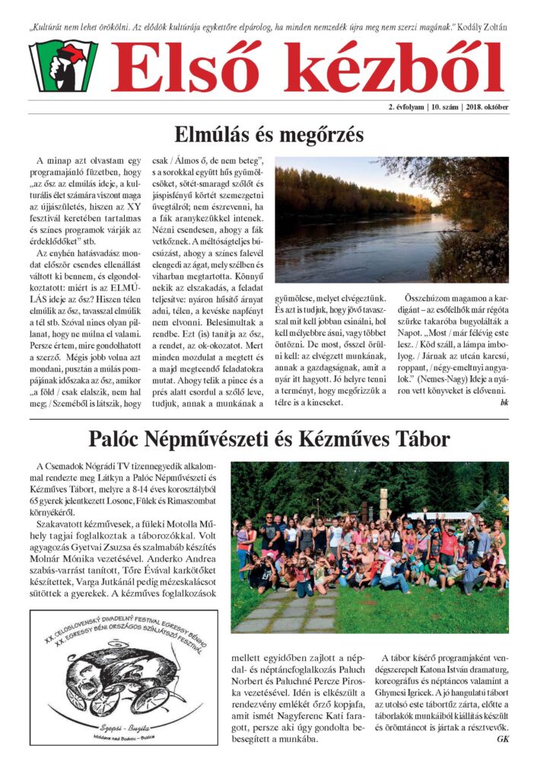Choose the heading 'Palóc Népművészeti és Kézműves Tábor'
click(269, 439)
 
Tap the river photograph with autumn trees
click(392, 220)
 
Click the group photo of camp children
click(370, 547)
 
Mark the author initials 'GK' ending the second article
click(502, 738)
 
